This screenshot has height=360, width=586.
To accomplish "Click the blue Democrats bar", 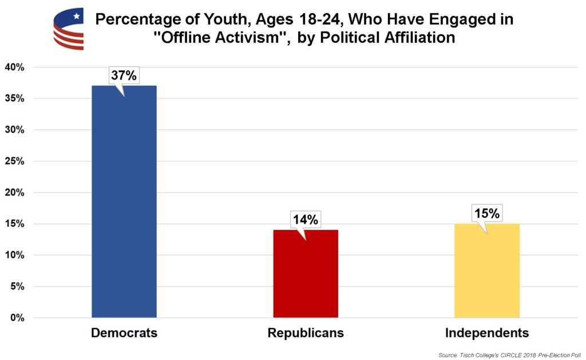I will [x=124, y=201].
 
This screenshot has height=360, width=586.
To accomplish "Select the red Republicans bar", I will [x=306, y=273].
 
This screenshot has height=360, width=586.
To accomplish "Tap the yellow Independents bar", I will [x=487, y=270].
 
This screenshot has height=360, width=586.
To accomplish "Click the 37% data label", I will [x=124, y=75].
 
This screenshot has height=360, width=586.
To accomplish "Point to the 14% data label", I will [x=306, y=219].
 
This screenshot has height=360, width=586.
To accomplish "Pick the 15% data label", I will [x=487, y=213].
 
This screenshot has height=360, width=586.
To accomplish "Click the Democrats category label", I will [x=124, y=333].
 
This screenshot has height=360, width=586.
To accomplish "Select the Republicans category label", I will [x=306, y=333].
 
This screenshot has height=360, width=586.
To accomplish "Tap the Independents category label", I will [x=487, y=333].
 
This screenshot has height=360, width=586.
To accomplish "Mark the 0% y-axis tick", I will [x=17, y=318].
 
